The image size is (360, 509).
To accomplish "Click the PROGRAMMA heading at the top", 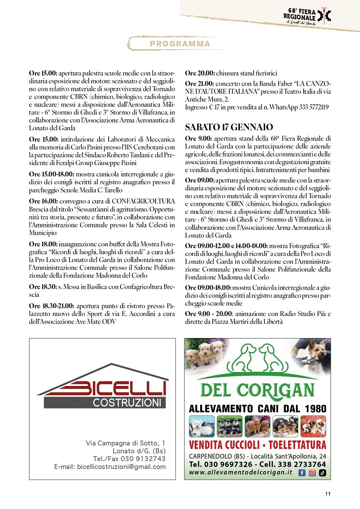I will coord(180,44).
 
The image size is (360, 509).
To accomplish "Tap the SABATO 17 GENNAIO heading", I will coord(229,127).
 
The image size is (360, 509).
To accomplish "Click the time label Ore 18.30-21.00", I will coord(52,305).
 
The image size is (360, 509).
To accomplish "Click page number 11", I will coord(328,493).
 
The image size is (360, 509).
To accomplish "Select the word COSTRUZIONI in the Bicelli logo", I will coord(127,402).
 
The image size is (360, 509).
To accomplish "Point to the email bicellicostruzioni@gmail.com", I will coord(110,467).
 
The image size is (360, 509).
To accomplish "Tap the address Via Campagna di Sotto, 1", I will coord(126,443).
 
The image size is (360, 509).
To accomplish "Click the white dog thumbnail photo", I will coord(201,426).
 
